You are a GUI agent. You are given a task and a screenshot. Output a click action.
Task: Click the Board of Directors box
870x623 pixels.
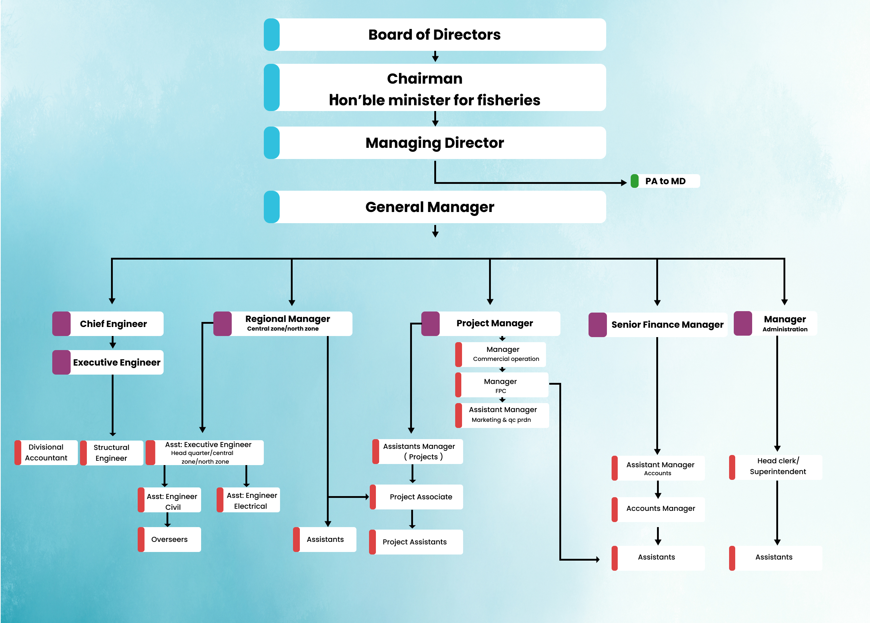(x=434, y=35)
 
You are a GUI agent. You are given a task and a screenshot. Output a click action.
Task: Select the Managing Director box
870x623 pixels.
(x=434, y=143)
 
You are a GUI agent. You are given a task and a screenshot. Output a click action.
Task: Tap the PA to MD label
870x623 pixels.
(x=665, y=181)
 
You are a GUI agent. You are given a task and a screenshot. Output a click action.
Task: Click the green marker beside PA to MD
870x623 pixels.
(x=635, y=181)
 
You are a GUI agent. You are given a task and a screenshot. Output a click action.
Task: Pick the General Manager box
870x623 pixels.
(x=434, y=207)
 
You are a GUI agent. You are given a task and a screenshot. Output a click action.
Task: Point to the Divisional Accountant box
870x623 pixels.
(x=46, y=453)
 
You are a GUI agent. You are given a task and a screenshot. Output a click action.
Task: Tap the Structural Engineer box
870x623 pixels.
(x=112, y=453)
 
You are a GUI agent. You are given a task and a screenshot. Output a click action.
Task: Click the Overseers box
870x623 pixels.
(x=169, y=539)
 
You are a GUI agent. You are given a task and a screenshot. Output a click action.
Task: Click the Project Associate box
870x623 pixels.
(x=421, y=497)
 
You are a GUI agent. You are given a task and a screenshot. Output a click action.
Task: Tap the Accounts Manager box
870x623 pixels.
(x=660, y=509)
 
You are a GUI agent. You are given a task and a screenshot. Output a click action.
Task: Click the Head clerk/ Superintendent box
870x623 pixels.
(x=778, y=467)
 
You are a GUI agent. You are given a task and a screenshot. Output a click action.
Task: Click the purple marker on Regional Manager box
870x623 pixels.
(x=222, y=324)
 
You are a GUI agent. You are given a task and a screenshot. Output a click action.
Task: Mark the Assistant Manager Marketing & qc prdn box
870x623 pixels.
(x=502, y=415)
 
